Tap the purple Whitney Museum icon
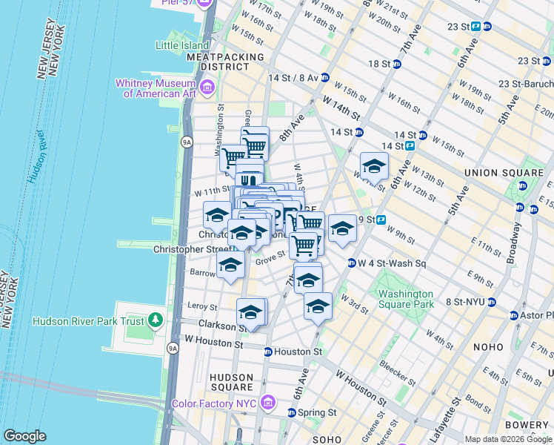tap(207, 89)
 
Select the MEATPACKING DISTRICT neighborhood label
tap(225, 62)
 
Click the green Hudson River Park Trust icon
tap(156, 320)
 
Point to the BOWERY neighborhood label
tap(531, 424)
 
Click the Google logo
tap(24, 436)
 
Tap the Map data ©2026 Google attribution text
tap(509, 439)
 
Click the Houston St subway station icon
tap(268, 352)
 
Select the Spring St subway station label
tap(317, 412)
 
